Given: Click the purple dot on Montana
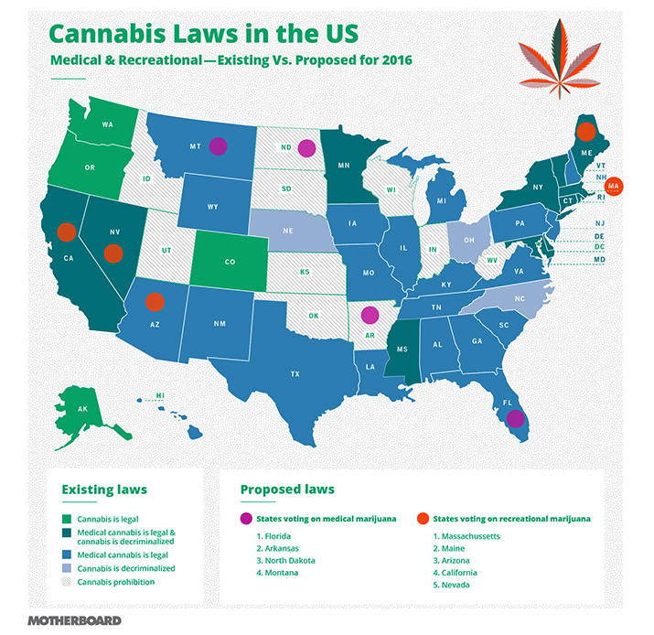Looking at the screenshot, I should click(x=218, y=145).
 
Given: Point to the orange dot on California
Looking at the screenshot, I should click(x=66, y=231).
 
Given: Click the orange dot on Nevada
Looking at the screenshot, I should click(x=113, y=253).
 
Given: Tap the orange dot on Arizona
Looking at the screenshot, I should click(x=155, y=300).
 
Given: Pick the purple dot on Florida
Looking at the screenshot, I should click(x=516, y=419).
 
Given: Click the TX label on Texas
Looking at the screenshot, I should click(x=295, y=374).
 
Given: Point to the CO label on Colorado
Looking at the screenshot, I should click(x=230, y=262).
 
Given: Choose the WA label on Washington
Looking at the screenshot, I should click(x=107, y=124).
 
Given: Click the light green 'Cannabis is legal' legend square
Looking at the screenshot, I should click(x=67, y=520).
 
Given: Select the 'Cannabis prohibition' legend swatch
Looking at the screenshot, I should click(x=67, y=581).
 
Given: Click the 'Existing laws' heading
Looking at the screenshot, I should click(x=103, y=490).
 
